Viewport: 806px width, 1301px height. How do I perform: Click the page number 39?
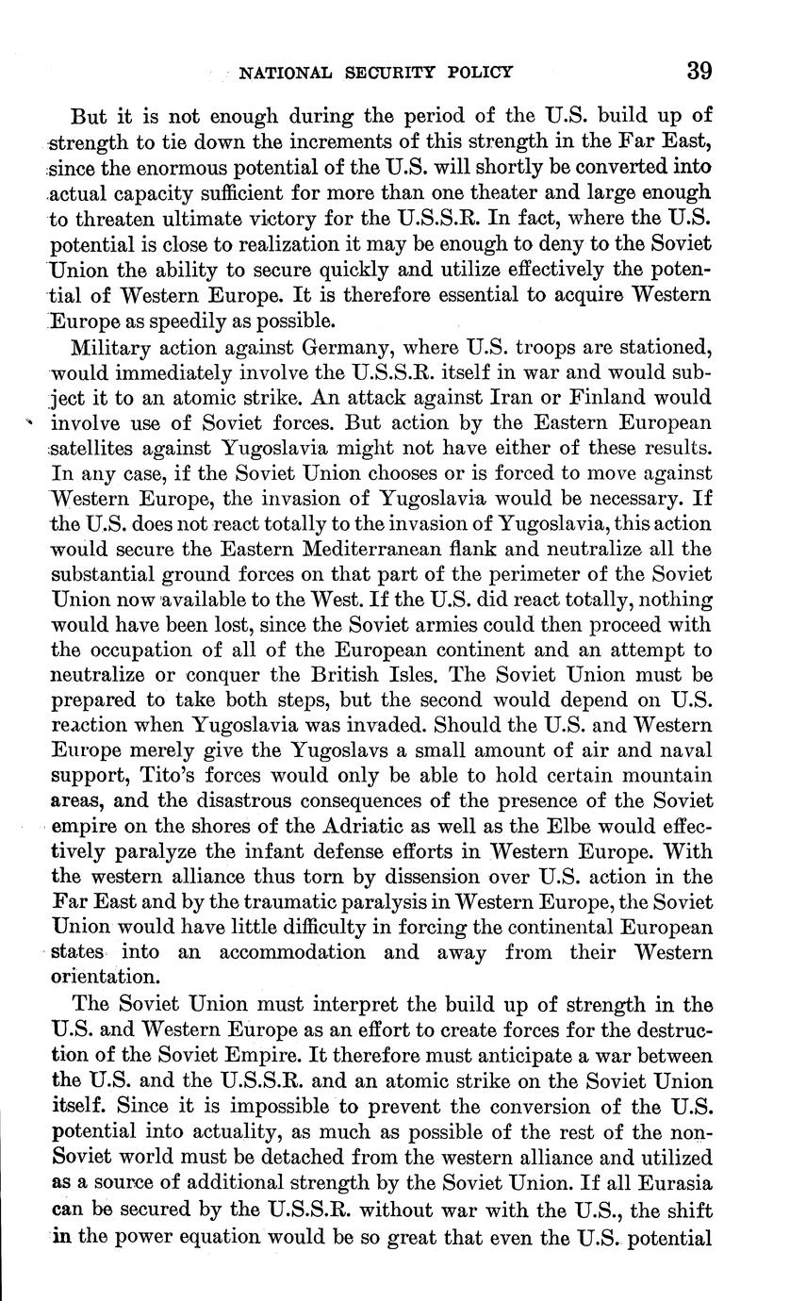(699, 71)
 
